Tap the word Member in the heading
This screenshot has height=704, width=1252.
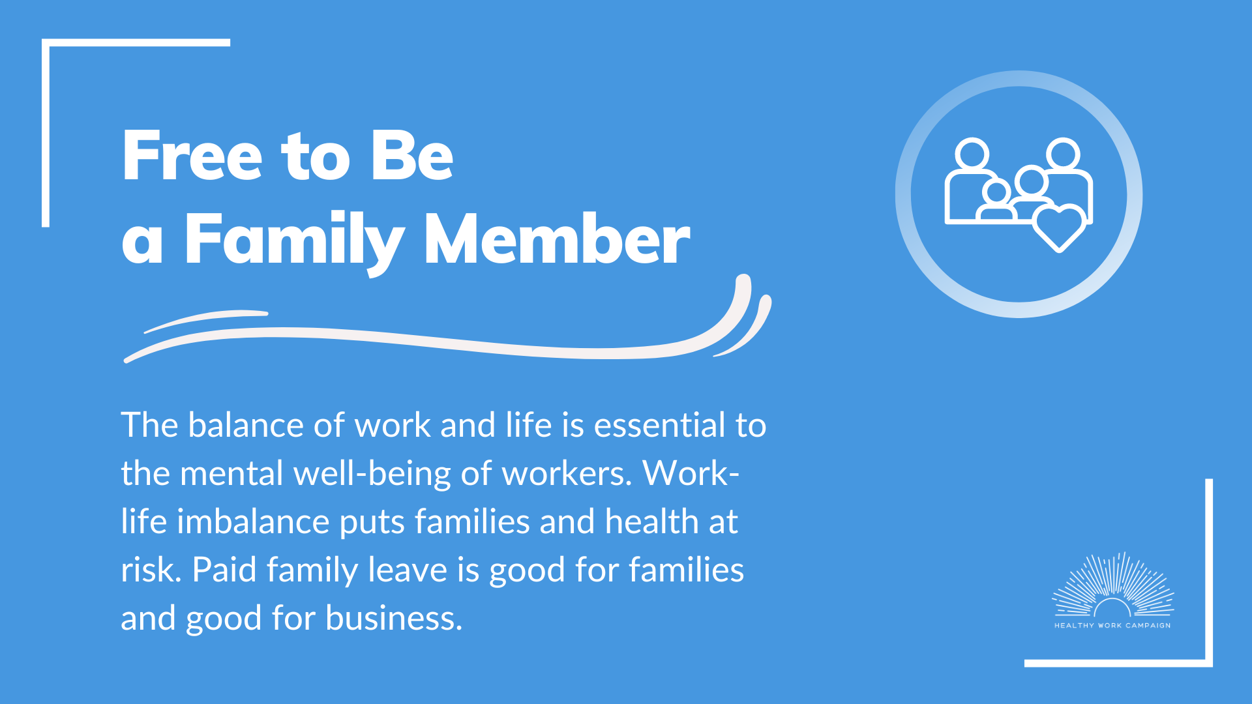pos(558,239)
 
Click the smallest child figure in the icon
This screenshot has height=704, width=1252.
pos(996,201)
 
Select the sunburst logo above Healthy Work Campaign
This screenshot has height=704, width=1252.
pos(1112,585)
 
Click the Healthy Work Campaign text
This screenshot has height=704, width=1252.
pos(1112,626)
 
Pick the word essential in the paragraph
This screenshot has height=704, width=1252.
pos(659,425)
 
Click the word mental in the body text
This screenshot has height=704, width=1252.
pos(231,473)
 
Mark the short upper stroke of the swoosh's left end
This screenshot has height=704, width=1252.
pos(206,320)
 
